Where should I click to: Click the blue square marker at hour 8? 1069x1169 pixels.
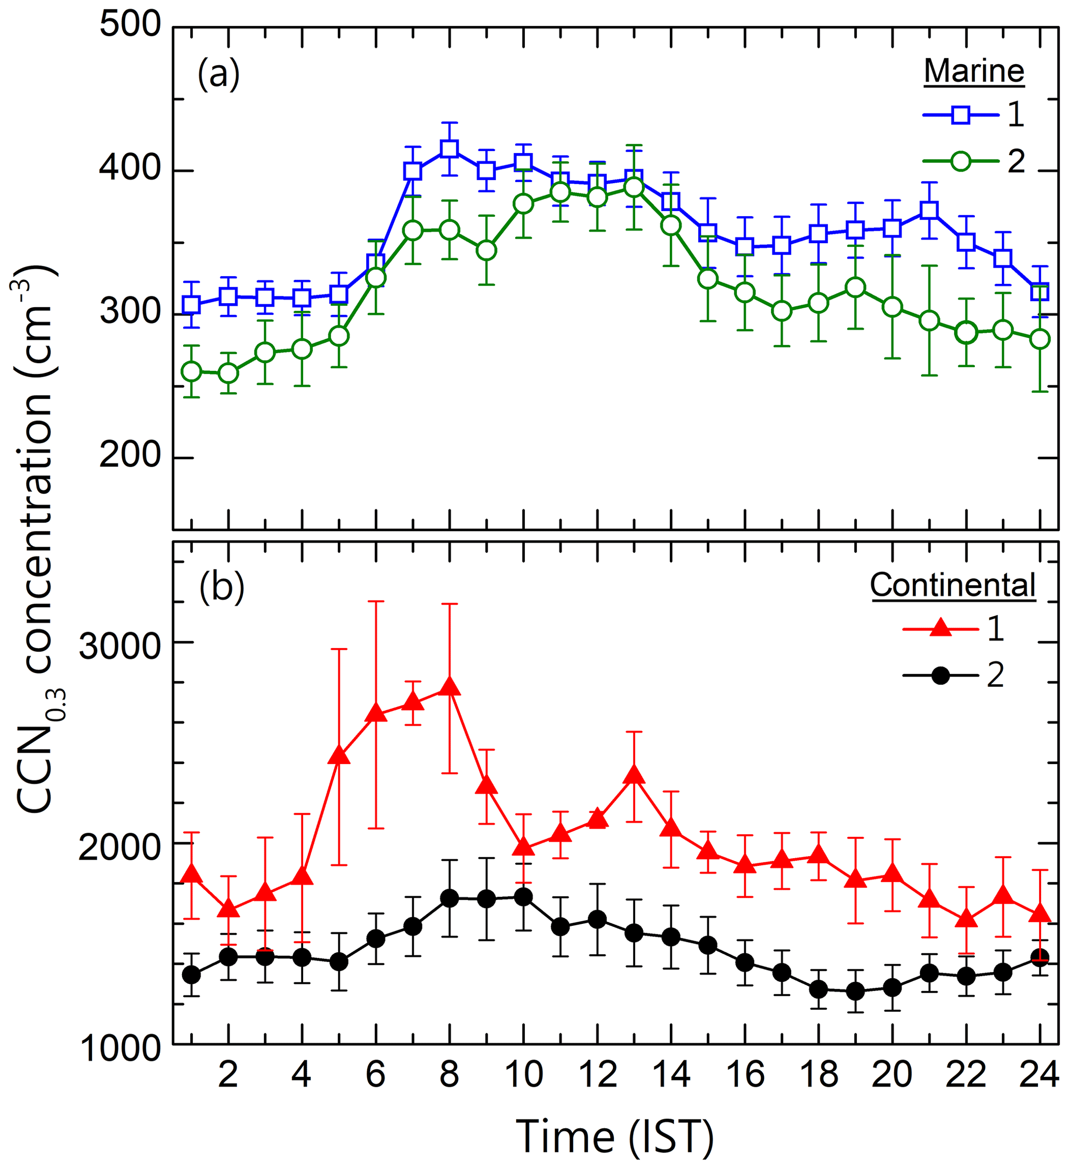point(449,149)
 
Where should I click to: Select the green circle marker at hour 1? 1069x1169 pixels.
point(191,372)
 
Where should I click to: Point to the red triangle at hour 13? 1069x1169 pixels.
point(634,775)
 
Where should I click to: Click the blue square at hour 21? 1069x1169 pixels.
point(929,210)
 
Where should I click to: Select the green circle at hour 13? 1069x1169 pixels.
point(634,187)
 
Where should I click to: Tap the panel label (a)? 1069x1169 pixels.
point(219,75)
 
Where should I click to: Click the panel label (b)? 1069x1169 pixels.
point(221,588)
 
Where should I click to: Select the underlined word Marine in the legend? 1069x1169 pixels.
point(974,71)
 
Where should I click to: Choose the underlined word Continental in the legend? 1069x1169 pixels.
point(953,585)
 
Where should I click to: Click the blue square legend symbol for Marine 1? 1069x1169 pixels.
point(960,115)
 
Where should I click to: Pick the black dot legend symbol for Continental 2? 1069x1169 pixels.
point(940,676)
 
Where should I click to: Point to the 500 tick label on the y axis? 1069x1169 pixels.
point(130,26)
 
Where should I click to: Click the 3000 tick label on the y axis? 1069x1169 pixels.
point(120,646)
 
